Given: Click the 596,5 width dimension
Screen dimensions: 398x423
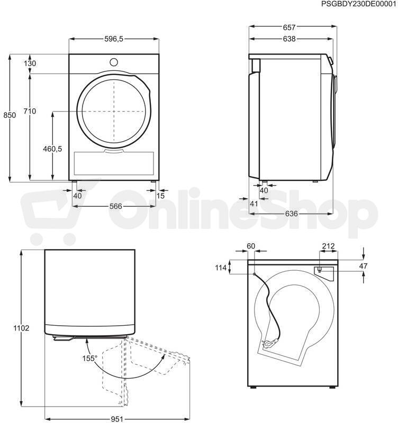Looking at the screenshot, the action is pyautogui.click(x=114, y=39).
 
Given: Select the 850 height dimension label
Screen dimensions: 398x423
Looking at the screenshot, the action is pyautogui.click(x=10, y=115).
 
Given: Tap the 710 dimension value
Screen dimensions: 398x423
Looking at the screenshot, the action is pyautogui.click(x=30, y=111).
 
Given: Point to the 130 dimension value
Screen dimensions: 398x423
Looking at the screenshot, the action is pyautogui.click(x=30, y=63).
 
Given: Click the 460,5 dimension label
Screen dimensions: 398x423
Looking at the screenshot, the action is pyautogui.click(x=52, y=149).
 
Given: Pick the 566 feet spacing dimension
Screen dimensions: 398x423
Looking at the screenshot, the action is pyautogui.click(x=115, y=206).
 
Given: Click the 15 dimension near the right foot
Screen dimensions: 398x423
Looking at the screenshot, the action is pyautogui.click(x=160, y=196).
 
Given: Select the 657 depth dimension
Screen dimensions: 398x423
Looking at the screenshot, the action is pyautogui.click(x=289, y=27).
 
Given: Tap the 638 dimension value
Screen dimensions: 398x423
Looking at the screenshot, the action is pyautogui.click(x=289, y=39).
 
